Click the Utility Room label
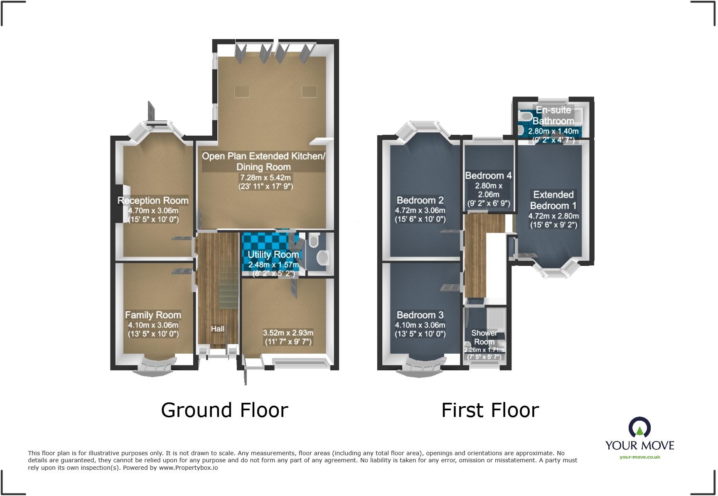(273, 254)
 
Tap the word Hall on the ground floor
(217, 329)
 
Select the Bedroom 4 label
(488, 176)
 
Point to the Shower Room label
(484, 337)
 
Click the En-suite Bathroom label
(553, 116)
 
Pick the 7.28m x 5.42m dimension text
(266, 178)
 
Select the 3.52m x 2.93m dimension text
(288, 333)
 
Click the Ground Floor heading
(224, 410)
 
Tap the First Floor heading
(490, 410)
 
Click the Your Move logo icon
(639, 427)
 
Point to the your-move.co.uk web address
(639, 457)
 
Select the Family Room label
(153, 315)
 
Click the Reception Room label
(153, 201)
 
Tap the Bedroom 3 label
(420, 315)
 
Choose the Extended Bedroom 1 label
(553, 200)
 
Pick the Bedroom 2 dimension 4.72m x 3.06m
(420, 211)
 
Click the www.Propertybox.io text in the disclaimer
(188, 468)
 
